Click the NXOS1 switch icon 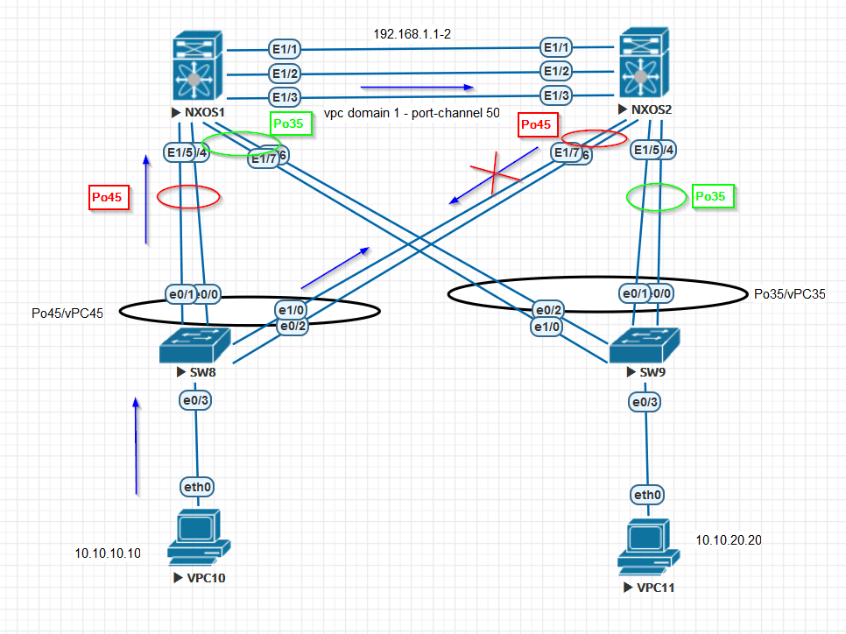198,67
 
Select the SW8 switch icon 194,346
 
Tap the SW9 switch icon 645,347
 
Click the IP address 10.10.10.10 108,553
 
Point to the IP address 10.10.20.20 729,540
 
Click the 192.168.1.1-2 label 412,34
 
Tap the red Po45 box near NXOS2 536,126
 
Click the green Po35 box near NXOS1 288,123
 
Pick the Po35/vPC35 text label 789,294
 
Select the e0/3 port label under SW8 195,401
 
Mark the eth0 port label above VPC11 646,496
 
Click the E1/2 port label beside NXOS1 285,74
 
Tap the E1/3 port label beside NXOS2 557,95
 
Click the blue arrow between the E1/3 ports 417,88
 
